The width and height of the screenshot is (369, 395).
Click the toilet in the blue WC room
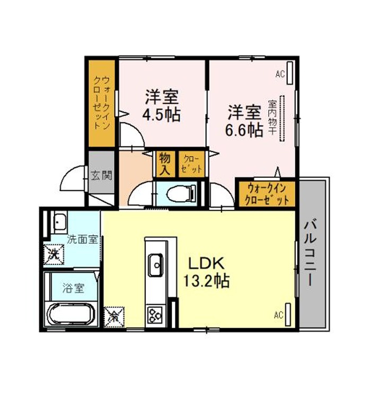click(x=181, y=194)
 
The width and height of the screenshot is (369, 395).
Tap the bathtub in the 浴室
click(x=71, y=314)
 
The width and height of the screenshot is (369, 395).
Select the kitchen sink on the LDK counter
click(x=156, y=265)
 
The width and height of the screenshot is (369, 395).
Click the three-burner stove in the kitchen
click(x=155, y=315)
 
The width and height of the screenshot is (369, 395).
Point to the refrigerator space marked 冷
click(x=114, y=317)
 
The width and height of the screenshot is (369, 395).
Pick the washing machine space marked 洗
click(x=54, y=254)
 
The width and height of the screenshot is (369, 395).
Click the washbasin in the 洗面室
click(x=60, y=222)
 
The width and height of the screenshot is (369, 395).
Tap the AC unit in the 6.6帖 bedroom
click(x=290, y=73)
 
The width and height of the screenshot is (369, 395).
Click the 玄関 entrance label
click(x=101, y=175)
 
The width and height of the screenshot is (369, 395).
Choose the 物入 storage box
click(x=165, y=164)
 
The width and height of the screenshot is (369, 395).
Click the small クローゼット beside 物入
click(x=191, y=164)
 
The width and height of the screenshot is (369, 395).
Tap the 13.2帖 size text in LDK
click(x=206, y=281)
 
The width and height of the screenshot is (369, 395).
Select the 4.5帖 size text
click(x=161, y=115)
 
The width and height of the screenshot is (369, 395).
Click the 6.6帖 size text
click(x=244, y=131)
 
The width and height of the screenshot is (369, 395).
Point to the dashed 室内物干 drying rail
click(x=282, y=118)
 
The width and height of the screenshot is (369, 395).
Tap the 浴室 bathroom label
click(x=73, y=288)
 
